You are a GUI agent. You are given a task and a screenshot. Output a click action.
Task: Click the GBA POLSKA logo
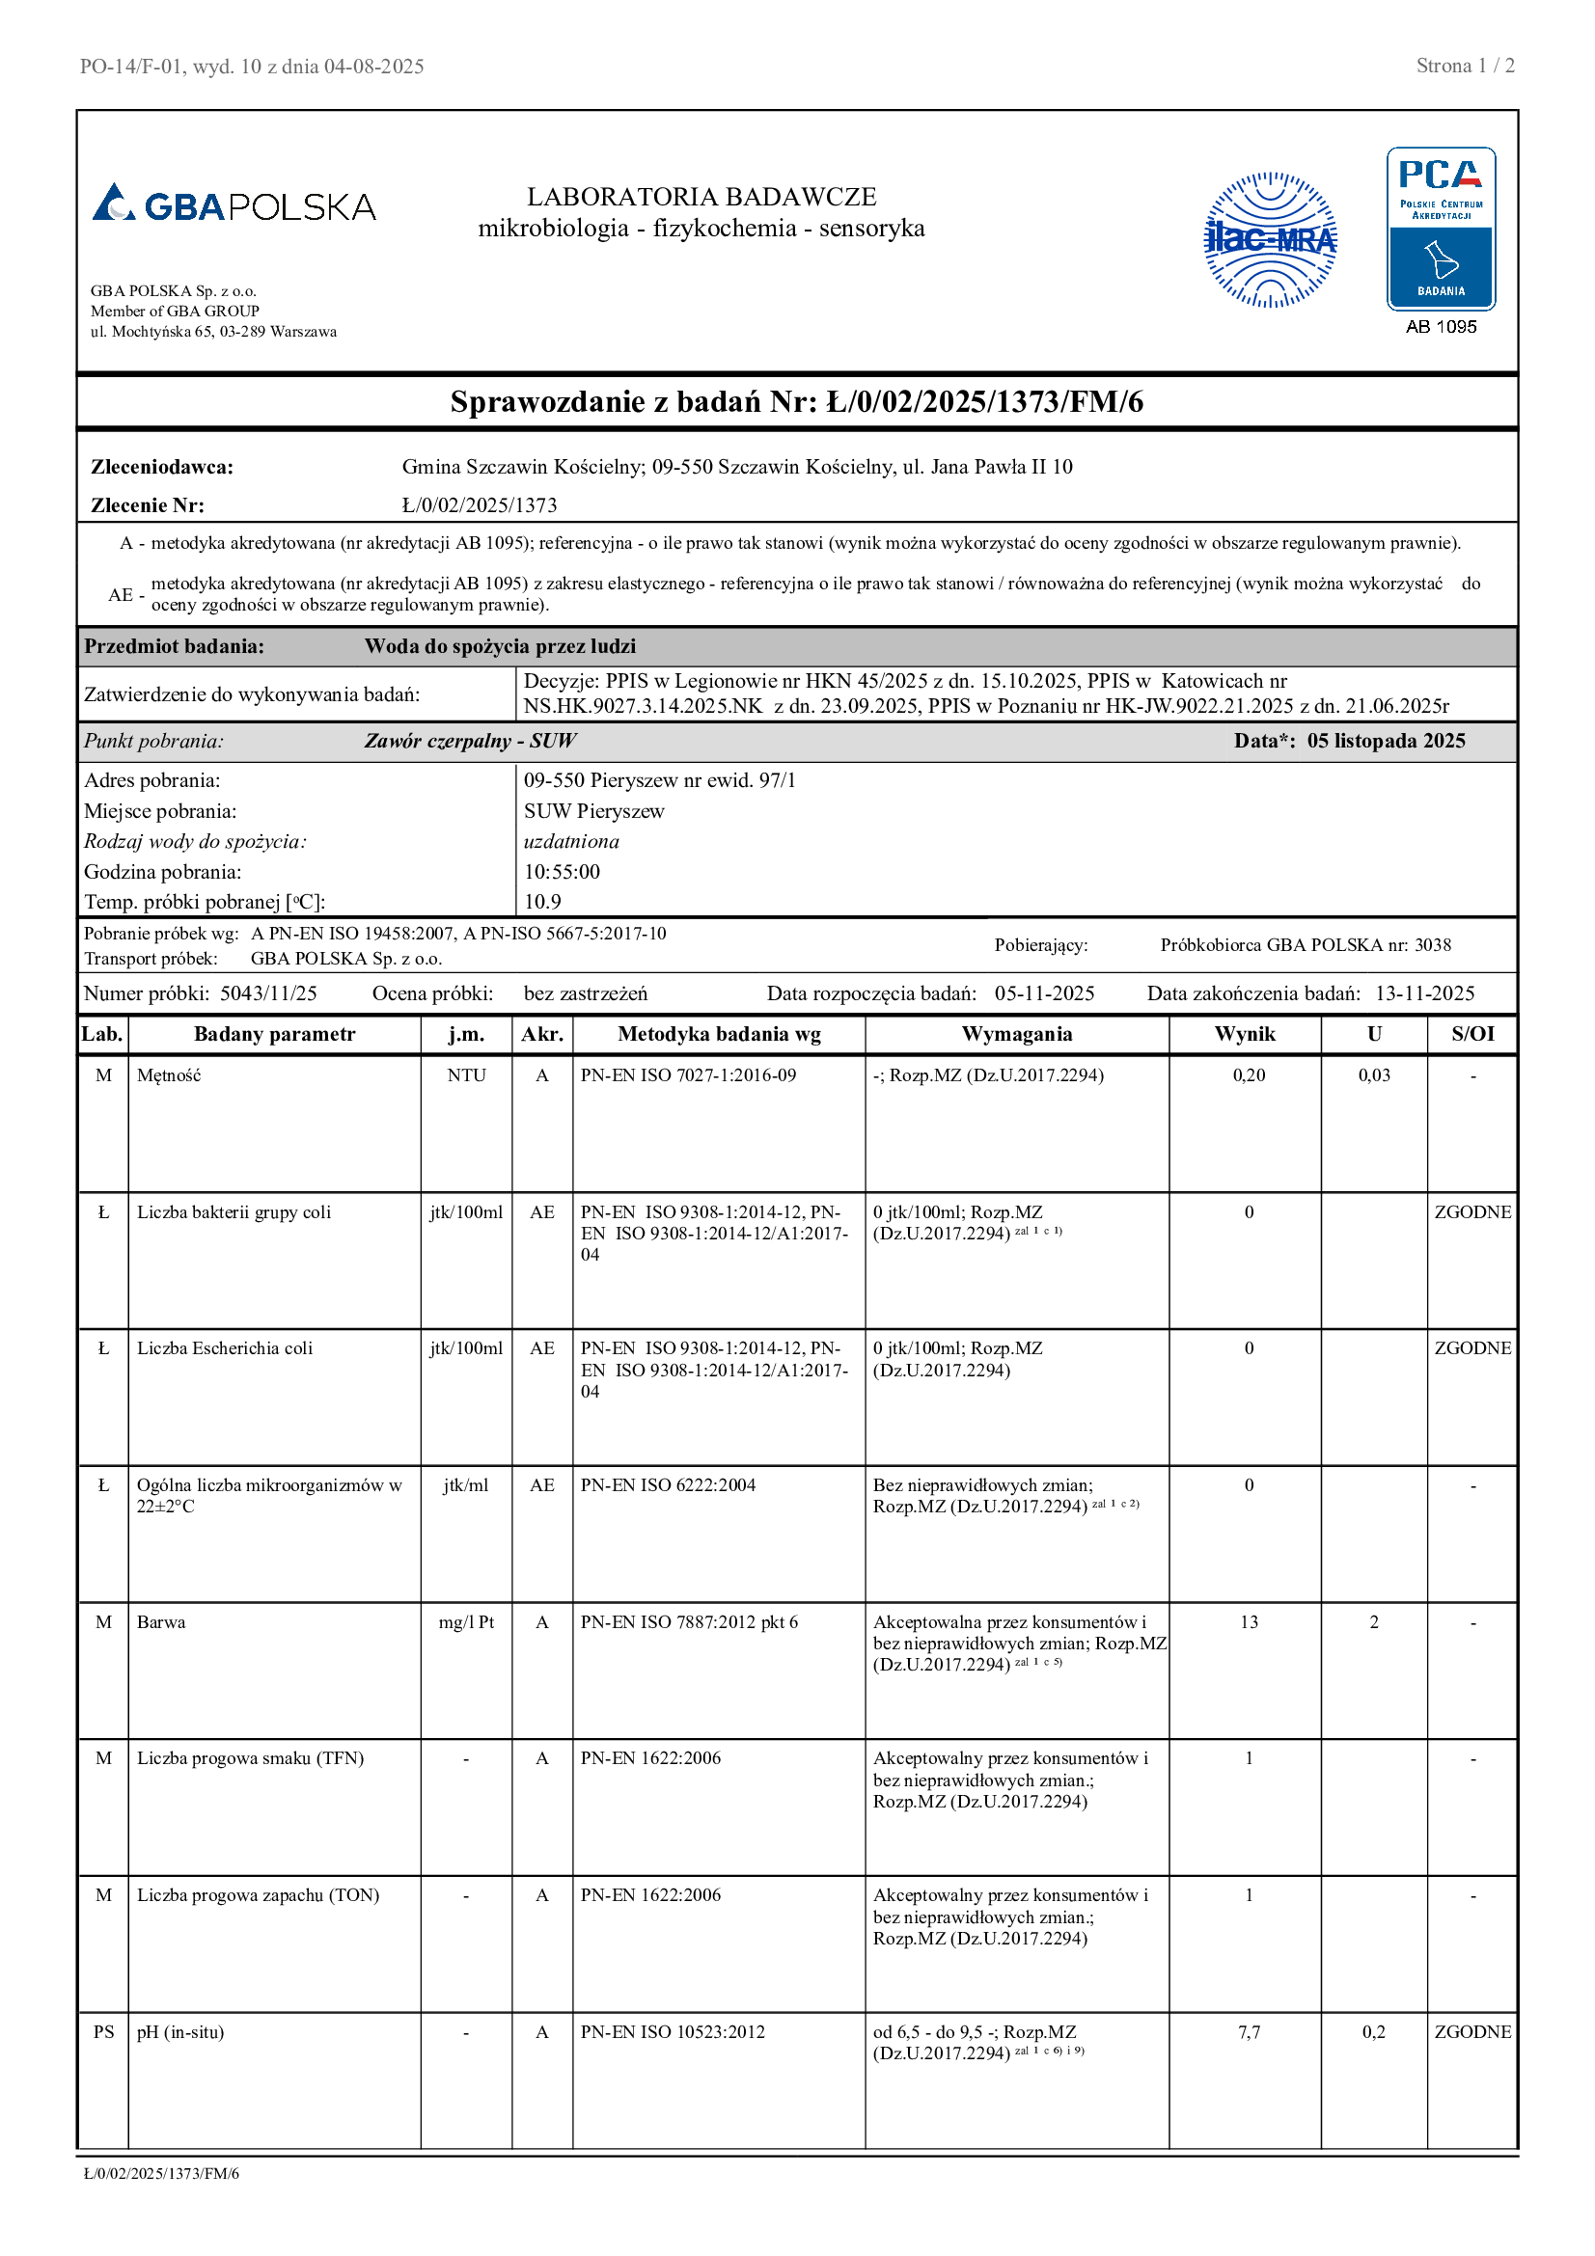coord(234,204)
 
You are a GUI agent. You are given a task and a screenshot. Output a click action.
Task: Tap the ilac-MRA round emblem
coord(1270,240)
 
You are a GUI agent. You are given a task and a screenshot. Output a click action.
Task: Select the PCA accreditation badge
coord(1440,229)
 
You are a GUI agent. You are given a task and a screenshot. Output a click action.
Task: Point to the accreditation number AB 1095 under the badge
coord(1440,327)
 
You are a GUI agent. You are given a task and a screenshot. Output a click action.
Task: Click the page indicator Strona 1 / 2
coord(1465,66)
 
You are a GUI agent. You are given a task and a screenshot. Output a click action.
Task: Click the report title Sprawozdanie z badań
coord(796,402)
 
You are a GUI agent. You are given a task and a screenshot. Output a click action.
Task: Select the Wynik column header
coord(1244,1034)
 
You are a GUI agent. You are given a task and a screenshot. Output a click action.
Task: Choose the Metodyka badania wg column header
coord(719,1034)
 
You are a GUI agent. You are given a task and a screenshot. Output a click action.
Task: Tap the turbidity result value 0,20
coord(1248,1074)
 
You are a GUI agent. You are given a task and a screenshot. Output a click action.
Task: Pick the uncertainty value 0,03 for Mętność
coord(1373,1074)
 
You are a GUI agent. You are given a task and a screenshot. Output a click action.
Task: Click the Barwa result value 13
coord(1248,1622)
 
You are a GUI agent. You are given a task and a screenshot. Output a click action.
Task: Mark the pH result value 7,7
coord(1248,2032)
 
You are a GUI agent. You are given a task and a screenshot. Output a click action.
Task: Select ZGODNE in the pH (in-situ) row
coord(1472,2032)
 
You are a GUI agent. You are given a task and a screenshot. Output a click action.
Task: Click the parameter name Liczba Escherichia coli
coord(225,1348)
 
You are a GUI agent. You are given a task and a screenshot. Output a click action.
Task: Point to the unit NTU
coord(466,1074)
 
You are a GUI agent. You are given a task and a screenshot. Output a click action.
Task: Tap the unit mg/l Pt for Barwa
coord(466,1622)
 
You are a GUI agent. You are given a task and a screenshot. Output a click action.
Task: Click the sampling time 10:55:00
coord(562,872)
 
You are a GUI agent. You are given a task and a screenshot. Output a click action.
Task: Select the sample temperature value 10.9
coord(542,902)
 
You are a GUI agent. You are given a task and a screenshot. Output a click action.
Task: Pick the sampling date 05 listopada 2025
coord(1385,741)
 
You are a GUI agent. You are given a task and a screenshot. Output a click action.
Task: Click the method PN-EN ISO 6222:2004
coord(668,1484)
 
